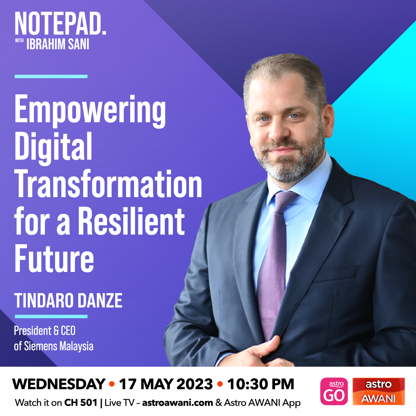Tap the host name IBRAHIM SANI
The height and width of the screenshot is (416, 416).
pos(58,44)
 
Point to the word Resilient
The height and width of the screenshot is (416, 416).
pos(131,221)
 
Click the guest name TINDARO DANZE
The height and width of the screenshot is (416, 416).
pos(69,300)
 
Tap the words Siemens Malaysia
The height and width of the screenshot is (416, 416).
pos(59,346)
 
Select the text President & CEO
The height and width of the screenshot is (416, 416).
pos(45,330)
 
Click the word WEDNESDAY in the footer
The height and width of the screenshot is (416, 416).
pos(59,384)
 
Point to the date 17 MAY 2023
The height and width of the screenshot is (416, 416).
pos(166,384)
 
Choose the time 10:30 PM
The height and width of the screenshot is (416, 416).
pos(260,384)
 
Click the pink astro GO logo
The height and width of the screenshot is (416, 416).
pos(334,391)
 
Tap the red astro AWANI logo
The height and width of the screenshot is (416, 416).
pos(379,391)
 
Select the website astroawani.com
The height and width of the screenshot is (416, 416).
pos(178,403)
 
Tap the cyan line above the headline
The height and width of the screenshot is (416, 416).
pos(51,76)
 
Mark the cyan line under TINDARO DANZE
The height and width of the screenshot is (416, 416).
pos(51,316)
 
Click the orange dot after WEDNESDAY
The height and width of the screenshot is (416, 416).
pos(112,384)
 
